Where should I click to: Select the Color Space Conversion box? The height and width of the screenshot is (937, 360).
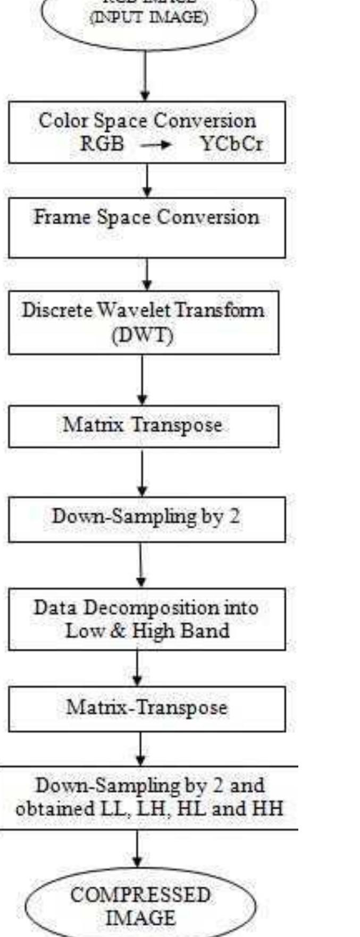147,132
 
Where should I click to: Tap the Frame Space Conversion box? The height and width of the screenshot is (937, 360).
147,227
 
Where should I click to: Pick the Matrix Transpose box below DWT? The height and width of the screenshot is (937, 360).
143,425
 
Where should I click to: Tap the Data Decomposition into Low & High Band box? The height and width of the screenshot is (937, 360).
146,619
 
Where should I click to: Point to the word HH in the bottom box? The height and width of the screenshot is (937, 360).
267,809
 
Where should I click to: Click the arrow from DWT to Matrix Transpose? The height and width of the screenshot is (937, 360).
142,379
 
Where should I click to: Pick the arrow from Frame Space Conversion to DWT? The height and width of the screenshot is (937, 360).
147,274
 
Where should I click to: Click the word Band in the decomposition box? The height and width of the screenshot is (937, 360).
211,631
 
